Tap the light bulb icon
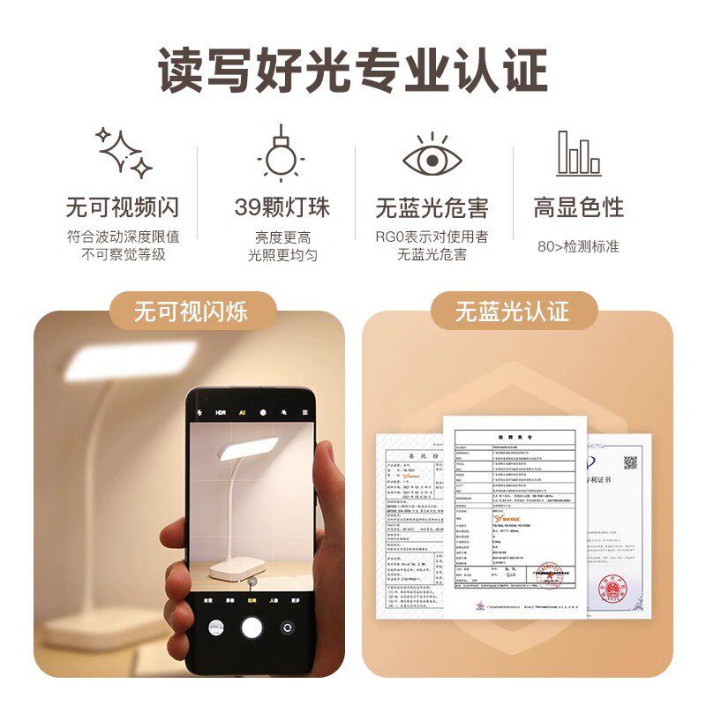(281, 154)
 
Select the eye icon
(432, 156)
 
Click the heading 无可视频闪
(123, 207)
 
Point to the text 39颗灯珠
(282, 207)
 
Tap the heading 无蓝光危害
(432, 208)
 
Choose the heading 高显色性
(578, 207)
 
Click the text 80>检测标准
(578, 246)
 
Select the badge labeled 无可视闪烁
(191, 312)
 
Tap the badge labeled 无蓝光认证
(513, 312)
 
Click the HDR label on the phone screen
(221, 413)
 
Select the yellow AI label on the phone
(242, 413)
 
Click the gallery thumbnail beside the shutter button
(214, 627)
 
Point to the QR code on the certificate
(630, 462)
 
